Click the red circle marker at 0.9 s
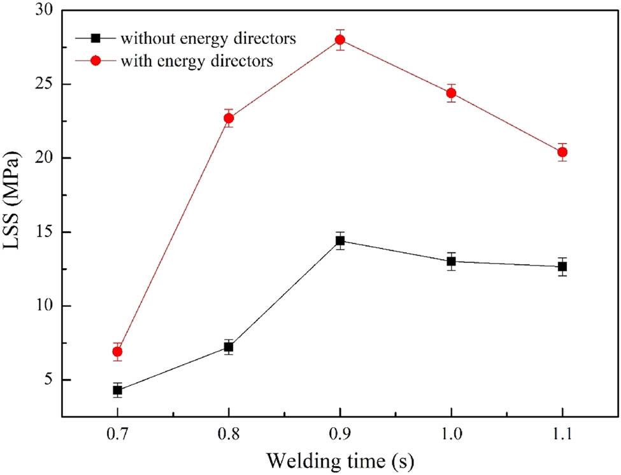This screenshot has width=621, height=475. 340,39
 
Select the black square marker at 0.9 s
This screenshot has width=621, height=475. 340,241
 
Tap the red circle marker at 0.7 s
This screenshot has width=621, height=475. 117,351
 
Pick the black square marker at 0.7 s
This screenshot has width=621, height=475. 117,390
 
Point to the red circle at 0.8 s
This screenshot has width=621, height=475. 229,118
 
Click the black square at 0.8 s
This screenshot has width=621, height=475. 229,347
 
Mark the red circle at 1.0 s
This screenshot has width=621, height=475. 451,93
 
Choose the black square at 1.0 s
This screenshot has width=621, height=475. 451,261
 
